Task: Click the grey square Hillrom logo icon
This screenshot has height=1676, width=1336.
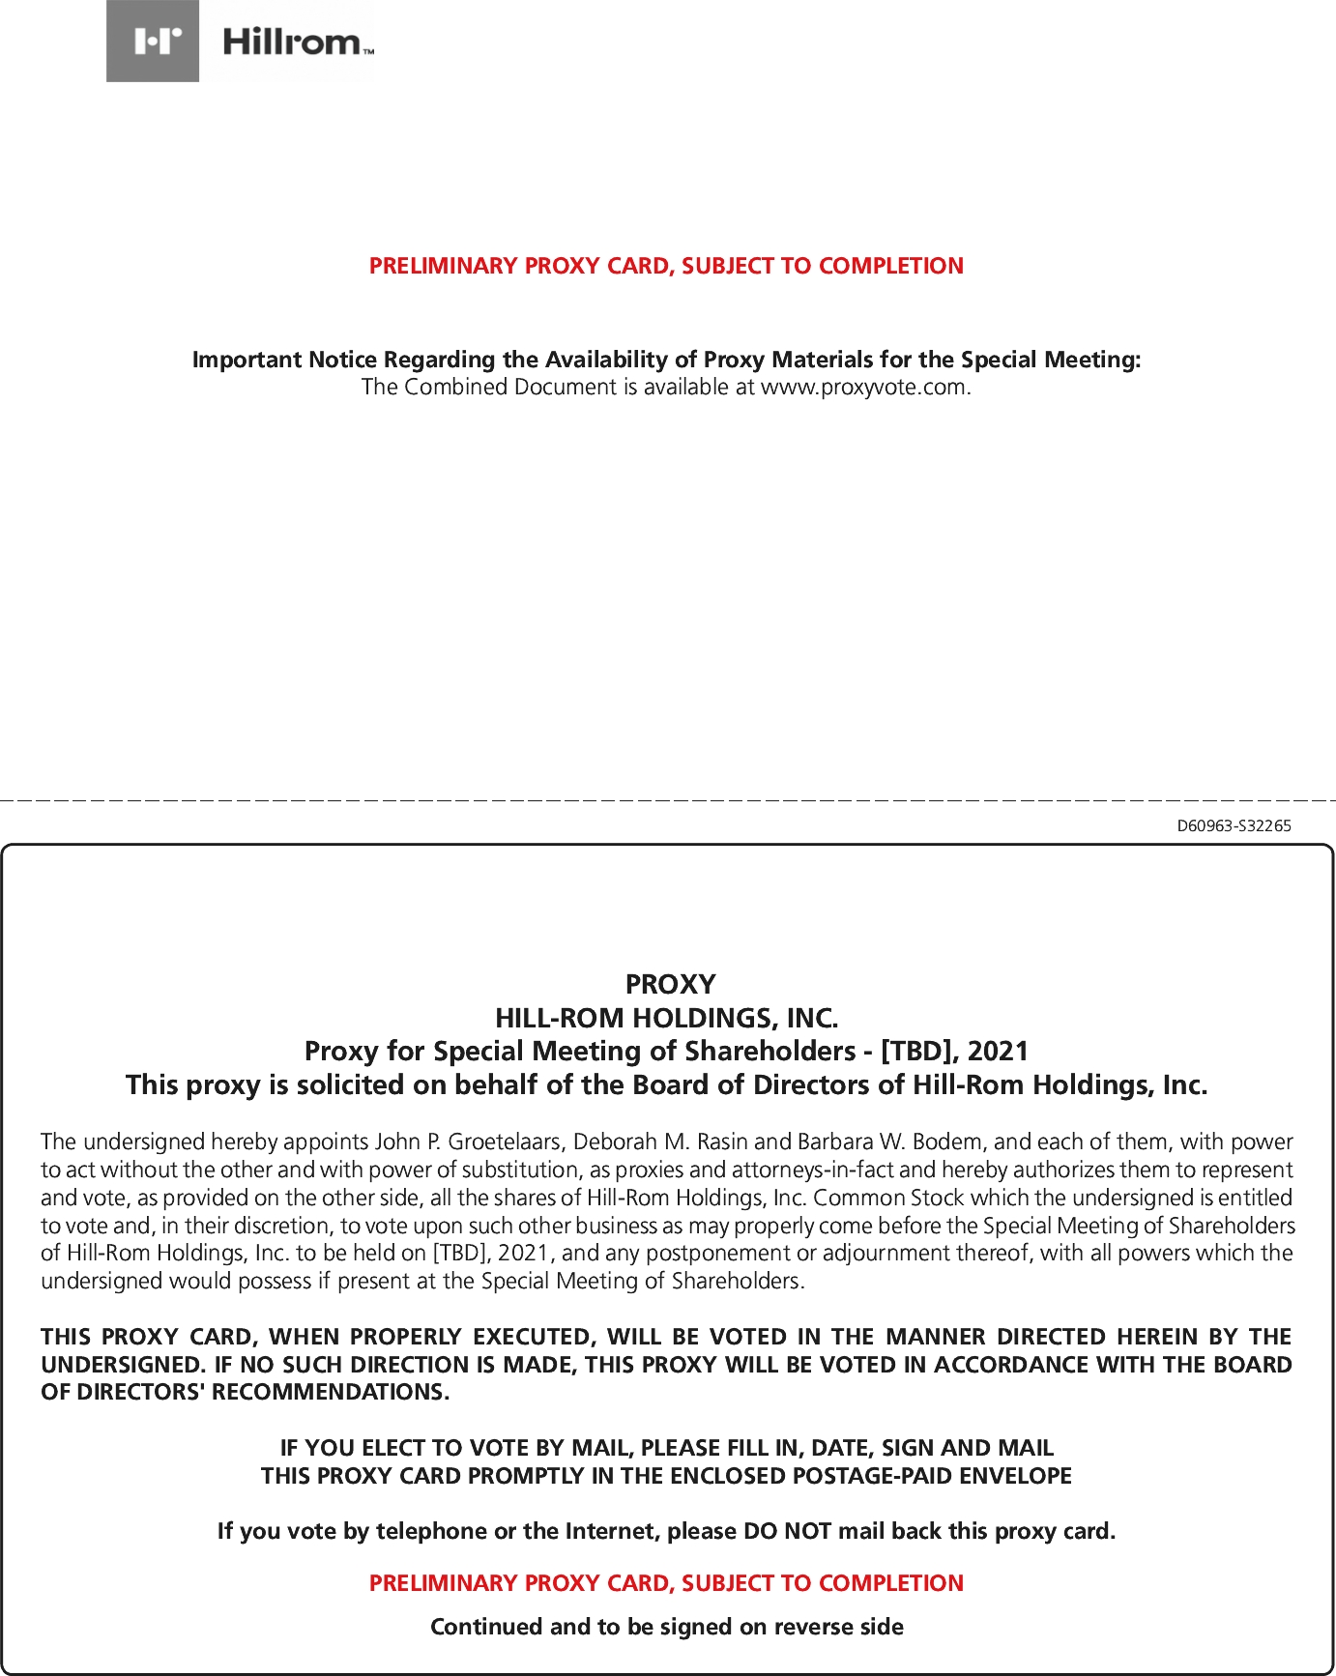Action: pos(153,41)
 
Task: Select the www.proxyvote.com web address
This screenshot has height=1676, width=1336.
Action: pos(863,388)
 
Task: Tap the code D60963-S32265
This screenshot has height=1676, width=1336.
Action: pos(1234,825)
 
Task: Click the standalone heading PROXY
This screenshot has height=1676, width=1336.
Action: pos(670,984)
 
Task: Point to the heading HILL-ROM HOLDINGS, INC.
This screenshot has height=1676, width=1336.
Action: pos(666,1018)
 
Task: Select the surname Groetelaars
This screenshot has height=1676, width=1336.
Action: pos(503,1141)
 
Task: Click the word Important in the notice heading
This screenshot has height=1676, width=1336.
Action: pos(246,360)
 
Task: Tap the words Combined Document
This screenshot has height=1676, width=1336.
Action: pos(509,388)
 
